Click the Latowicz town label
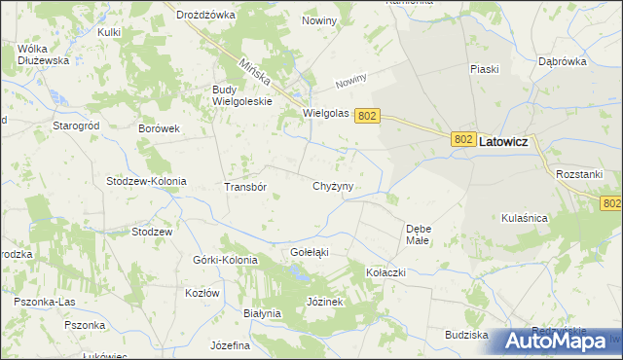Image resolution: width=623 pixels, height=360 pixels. point(503,141)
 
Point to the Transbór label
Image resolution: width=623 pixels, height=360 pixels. point(245,187)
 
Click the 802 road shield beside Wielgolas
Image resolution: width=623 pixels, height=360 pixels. point(366,115)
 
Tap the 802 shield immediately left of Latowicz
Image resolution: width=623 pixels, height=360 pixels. point(463,141)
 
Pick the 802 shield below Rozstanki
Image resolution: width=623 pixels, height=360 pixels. point(610,203)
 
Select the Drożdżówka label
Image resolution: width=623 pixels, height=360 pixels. point(206,16)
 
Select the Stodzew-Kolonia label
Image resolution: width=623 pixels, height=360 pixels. point(146,182)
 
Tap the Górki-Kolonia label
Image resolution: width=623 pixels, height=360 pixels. point(226,261)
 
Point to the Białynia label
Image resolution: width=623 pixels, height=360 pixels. point(261,313)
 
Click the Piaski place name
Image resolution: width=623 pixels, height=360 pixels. point(484,69)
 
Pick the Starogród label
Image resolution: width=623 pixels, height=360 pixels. point(77,126)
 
